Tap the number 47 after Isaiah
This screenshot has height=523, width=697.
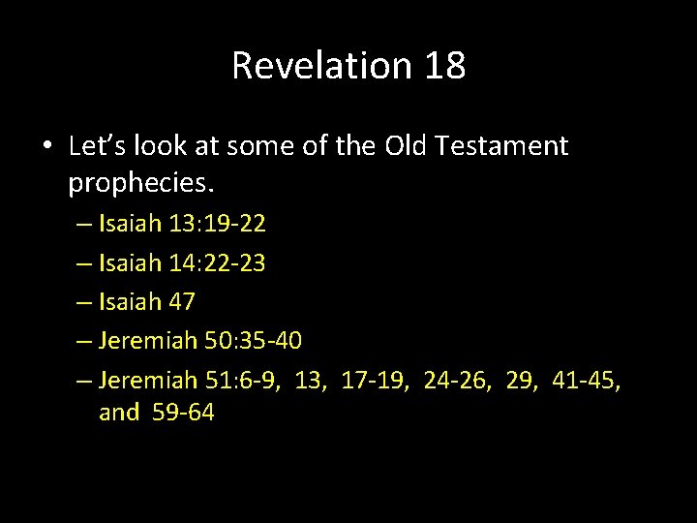(x=181, y=301)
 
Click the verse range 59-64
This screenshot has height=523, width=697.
(x=184, y=413)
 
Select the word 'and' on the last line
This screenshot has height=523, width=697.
(x=119, y=413)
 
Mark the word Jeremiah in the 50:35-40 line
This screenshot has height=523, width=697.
(x=150, y=340)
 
